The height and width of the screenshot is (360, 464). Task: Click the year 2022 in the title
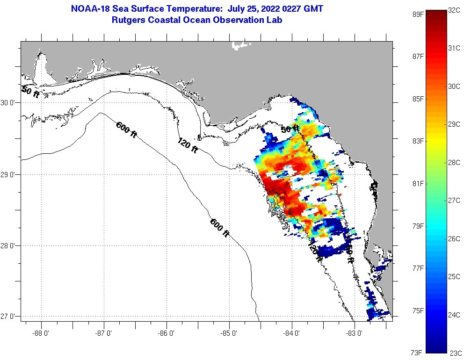[x=264, y=9]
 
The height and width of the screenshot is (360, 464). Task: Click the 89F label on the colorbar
[x=418, y=14]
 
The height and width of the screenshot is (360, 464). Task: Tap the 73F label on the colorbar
[x=418, y=352]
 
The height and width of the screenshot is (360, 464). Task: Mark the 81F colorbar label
[x=418, y=183]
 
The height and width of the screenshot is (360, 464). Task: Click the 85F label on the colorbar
[x=418, y=99]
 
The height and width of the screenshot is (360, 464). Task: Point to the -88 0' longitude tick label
[x=41, y=333]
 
